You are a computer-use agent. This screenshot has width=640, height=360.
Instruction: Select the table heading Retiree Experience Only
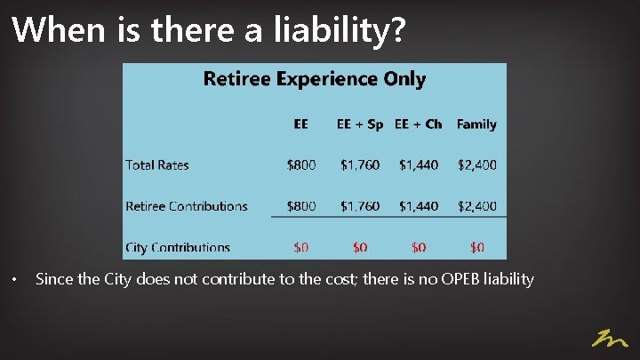tap(315, 79)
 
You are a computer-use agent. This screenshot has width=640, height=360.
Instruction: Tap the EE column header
tap(300, 124)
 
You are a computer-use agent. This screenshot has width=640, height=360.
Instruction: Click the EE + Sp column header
tap(359, 124)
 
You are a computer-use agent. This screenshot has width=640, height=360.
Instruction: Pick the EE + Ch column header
tap(418, 124)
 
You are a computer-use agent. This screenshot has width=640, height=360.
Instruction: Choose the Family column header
tap(476, 124)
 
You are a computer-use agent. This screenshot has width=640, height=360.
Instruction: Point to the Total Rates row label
tap(157, 164)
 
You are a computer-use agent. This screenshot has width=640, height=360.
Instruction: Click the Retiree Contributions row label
tap(187, 206)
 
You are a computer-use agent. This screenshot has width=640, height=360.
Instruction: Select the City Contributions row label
tap(178, 247)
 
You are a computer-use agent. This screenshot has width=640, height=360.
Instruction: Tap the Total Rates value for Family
tap(477, 164)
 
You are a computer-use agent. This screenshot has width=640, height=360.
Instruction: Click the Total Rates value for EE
tap(300, 164)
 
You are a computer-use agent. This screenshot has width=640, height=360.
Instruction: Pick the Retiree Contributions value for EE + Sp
tap(359, 206)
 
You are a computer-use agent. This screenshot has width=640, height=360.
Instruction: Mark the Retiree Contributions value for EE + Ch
tap(418, 206)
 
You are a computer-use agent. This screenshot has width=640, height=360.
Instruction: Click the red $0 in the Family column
tap(477, 247)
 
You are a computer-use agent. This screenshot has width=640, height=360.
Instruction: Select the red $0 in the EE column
tap(300, 247)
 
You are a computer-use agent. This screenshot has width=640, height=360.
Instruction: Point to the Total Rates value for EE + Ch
tap(418, 164)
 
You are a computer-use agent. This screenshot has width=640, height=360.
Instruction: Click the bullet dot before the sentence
tap(14, 281)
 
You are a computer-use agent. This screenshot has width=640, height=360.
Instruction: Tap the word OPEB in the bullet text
tap(459, 280)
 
